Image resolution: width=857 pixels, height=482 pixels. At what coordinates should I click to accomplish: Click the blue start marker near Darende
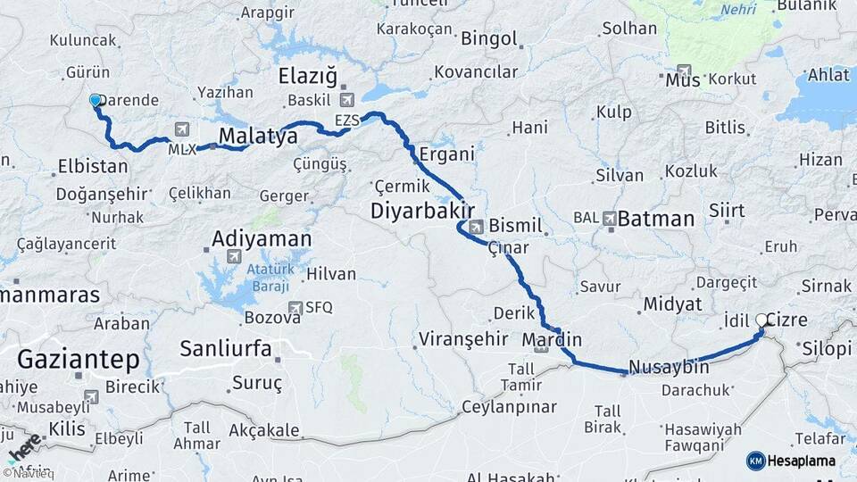96,102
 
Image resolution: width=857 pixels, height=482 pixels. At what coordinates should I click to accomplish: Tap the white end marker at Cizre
761,320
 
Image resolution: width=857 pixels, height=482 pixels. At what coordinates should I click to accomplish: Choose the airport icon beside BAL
610,218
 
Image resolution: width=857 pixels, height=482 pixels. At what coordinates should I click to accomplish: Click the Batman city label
656,219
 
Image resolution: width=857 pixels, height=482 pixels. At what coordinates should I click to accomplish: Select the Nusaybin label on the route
669,367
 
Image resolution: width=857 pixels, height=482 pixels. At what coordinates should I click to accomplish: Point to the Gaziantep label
79,360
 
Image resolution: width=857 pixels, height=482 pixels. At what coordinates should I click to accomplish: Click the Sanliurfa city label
226,348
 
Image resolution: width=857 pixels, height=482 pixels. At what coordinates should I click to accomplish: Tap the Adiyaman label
262,239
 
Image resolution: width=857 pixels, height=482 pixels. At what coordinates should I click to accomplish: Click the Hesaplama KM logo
791,461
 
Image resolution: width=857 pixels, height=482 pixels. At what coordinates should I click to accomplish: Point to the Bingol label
488,38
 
